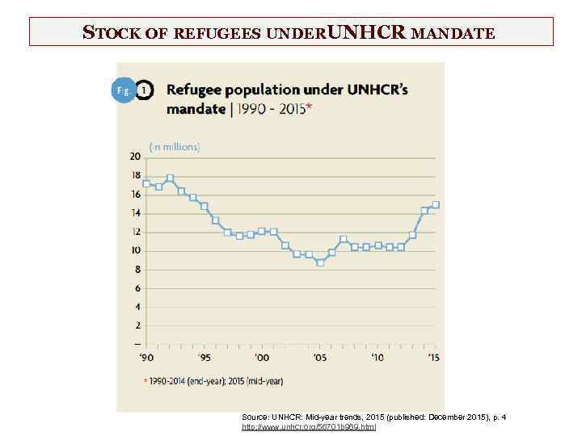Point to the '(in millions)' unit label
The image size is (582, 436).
click(x=174, y=147)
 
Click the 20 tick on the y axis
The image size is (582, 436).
click(x=135, y=157)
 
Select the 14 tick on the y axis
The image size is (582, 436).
click(x=135, y=213)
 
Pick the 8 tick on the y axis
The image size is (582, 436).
click(x=137, y=270)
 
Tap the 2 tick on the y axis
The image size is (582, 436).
click(x=137, y=325)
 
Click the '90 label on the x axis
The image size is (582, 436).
click(x=145, y=357)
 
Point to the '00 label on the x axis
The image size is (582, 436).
click(x=262, y=357)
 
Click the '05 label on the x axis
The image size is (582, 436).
click(x=320, y=357)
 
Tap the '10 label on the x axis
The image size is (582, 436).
click(x=377, y=357)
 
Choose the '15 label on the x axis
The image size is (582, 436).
click(x=435, y=357)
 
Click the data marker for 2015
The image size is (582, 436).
click(x=436, y=204)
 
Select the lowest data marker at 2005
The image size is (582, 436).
click(x=320, y=262)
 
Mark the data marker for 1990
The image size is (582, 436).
click(x=146, y=182)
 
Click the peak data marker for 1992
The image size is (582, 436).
click(x=170, y=178)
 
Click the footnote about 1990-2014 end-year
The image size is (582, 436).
click(x=214, y=380)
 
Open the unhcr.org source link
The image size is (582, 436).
click(x=309, y=426)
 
